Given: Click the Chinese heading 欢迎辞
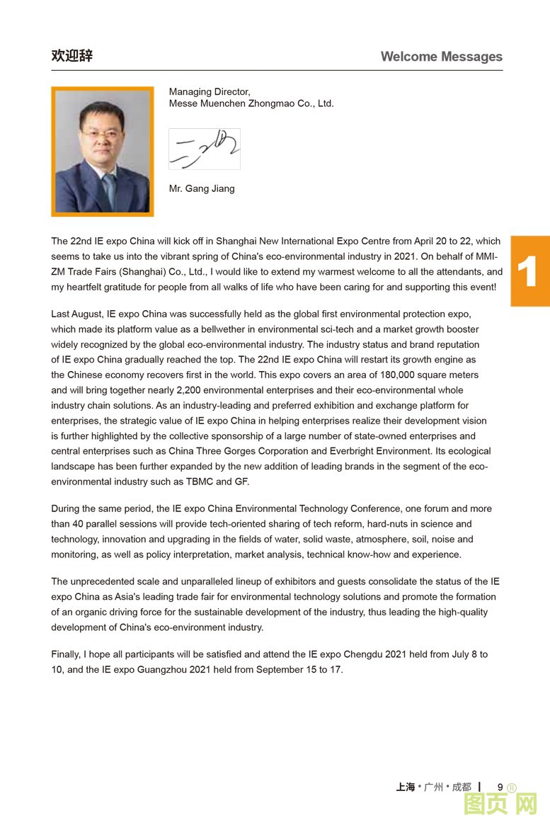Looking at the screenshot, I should point(71,56).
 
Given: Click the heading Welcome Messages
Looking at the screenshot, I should point(441,57).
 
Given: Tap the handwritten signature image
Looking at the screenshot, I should point(204,149).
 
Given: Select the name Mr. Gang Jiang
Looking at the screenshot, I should point(202,188).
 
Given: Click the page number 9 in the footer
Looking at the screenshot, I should point(500,787).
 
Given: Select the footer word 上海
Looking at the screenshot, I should point(406,787).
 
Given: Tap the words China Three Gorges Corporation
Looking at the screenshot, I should point(229,451).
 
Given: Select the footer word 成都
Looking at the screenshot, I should point(461,787).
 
